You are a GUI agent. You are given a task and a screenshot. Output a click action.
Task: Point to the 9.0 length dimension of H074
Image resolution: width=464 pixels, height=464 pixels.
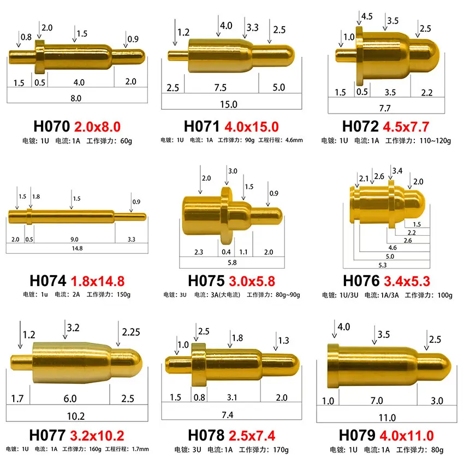(x=74, y=239)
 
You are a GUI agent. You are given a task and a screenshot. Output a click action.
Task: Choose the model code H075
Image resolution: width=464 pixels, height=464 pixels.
(x=206, y=281)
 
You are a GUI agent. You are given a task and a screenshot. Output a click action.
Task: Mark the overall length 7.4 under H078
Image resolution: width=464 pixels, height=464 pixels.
(x=228, y=415)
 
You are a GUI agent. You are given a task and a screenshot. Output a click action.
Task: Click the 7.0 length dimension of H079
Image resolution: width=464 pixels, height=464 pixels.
(x=377, y=401)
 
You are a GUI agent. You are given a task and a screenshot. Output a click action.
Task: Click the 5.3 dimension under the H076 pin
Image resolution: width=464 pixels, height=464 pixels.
(x=382, y=265)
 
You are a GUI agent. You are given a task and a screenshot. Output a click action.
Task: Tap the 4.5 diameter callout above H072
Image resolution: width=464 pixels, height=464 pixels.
(x=367, y=16)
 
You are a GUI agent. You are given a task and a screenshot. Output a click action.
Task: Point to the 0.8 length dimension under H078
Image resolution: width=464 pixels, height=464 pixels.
(x=200, y=397)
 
